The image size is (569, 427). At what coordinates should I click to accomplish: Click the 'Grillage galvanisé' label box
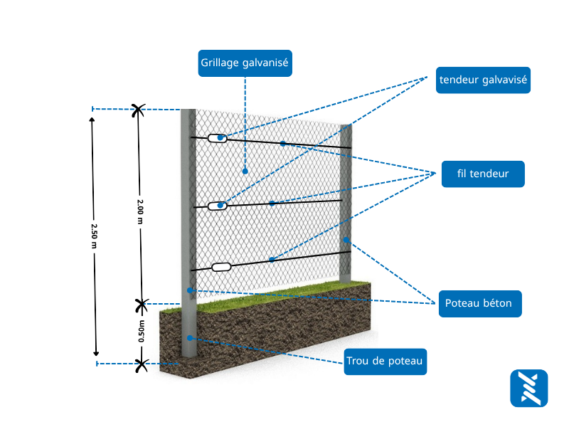(245, 63)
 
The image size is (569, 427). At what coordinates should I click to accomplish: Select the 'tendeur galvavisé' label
(484, 80)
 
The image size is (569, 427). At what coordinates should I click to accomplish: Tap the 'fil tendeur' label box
(483, 174)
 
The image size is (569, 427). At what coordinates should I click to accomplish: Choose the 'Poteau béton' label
(479, 303)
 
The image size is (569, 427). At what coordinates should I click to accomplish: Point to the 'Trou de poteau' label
(385, 362)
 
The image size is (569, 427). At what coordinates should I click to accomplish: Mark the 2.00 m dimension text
(140, 211)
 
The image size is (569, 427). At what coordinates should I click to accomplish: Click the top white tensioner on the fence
(218, 138)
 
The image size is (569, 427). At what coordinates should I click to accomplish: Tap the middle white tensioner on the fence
(218, 206)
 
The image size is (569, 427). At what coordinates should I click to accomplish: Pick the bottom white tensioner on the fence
(222, 268)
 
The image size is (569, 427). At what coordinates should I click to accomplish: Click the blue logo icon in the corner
(528, 389)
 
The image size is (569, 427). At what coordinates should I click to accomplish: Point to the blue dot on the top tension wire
(282, 144)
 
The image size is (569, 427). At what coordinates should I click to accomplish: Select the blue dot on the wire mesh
(245, 171)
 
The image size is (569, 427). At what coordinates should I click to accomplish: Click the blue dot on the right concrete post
(347, 239)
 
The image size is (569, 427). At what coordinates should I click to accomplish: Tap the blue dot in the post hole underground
(190, 337)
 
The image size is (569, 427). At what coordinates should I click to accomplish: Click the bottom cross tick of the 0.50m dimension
(142, 365)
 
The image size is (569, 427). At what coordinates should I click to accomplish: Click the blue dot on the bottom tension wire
(272, 260)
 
